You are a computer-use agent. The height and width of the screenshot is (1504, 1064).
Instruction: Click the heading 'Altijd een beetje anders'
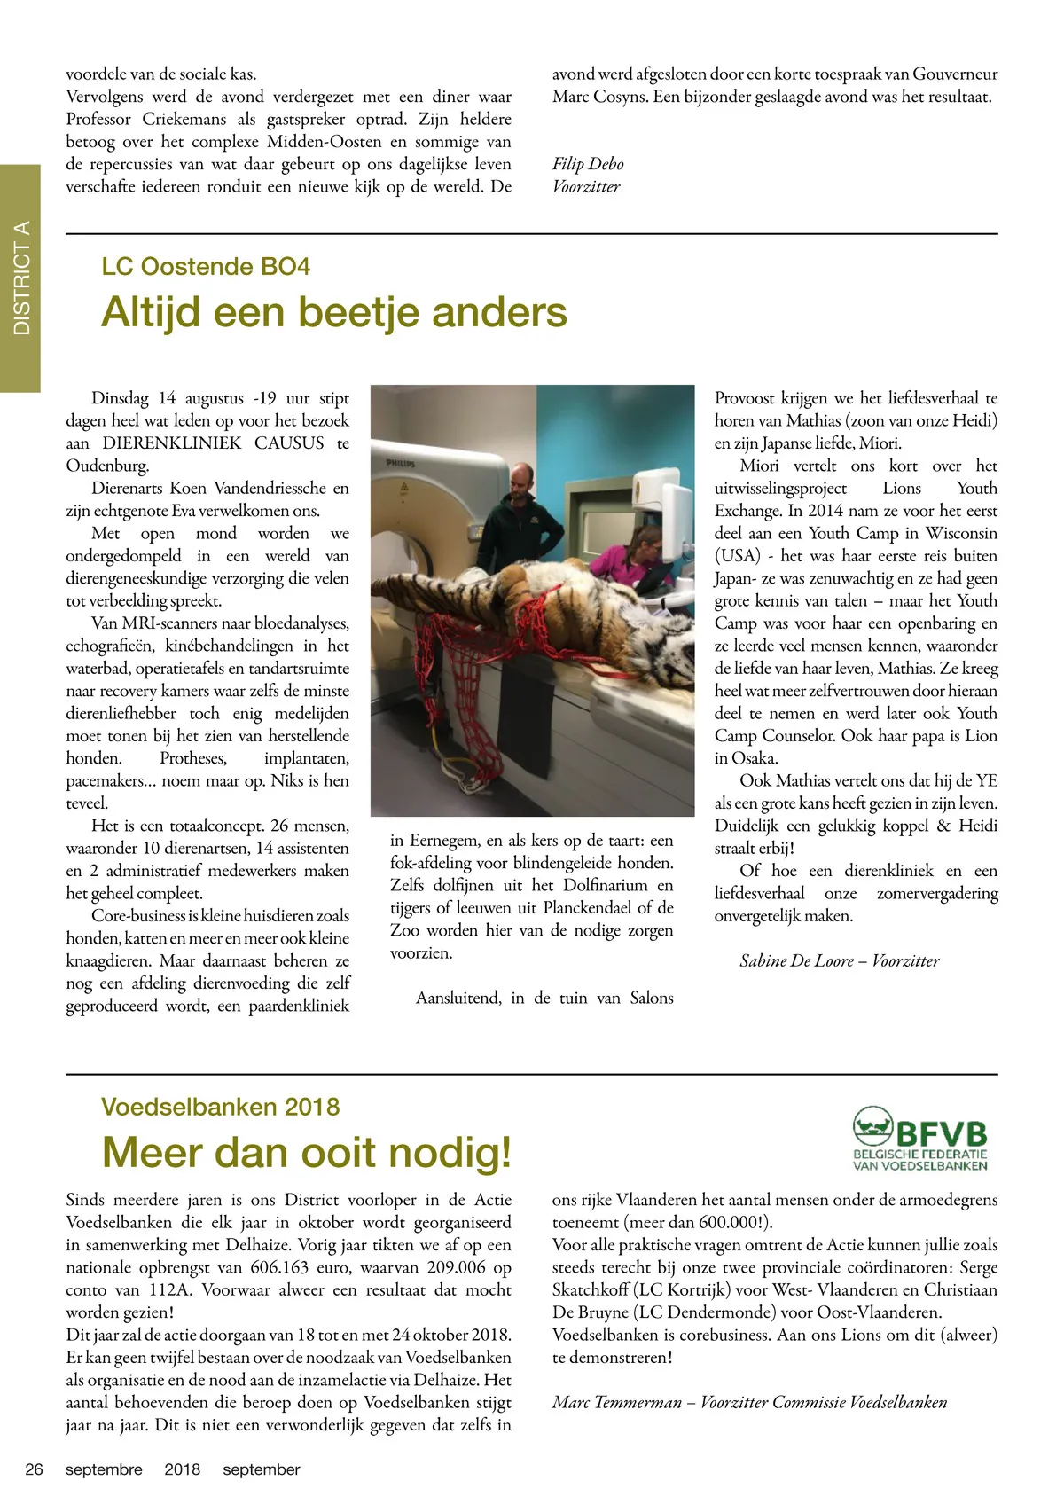tap(334, 313)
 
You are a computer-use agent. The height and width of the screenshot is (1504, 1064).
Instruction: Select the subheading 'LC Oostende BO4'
tap(206, 267)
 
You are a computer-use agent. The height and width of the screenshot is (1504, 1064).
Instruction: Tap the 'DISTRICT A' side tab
tap(20, 278)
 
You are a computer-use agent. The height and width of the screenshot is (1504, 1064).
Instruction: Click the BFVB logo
tap(919, 1139)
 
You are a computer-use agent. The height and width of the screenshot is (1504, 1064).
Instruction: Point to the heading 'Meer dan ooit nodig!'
tap(307, 1153)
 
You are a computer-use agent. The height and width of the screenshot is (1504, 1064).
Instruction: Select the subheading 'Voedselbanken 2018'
tap(220, 1107)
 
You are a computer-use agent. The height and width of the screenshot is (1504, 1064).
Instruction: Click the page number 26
tap(34, 1469)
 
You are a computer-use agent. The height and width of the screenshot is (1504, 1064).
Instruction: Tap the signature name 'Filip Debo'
tap(588, 164)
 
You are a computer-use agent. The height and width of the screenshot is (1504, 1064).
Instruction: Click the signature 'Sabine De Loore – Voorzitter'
tap(839, 960)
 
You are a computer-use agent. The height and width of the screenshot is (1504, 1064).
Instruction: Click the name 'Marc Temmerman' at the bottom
tap(617, 1402)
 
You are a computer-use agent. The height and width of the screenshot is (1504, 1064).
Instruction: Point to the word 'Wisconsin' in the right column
tap(961, 533)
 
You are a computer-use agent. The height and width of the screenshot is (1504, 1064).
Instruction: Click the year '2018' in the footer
tap(183, 1469)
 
